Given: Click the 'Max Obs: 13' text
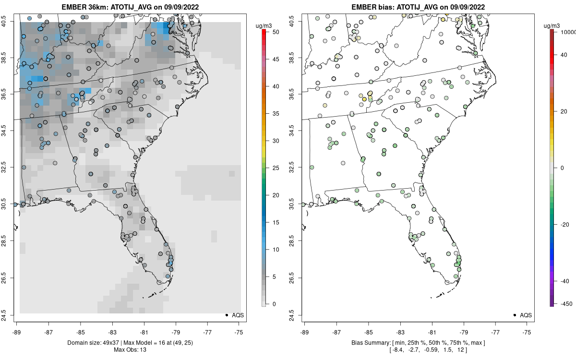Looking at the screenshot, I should click(130, 349).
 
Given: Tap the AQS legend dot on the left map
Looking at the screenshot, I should click(226, 315).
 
